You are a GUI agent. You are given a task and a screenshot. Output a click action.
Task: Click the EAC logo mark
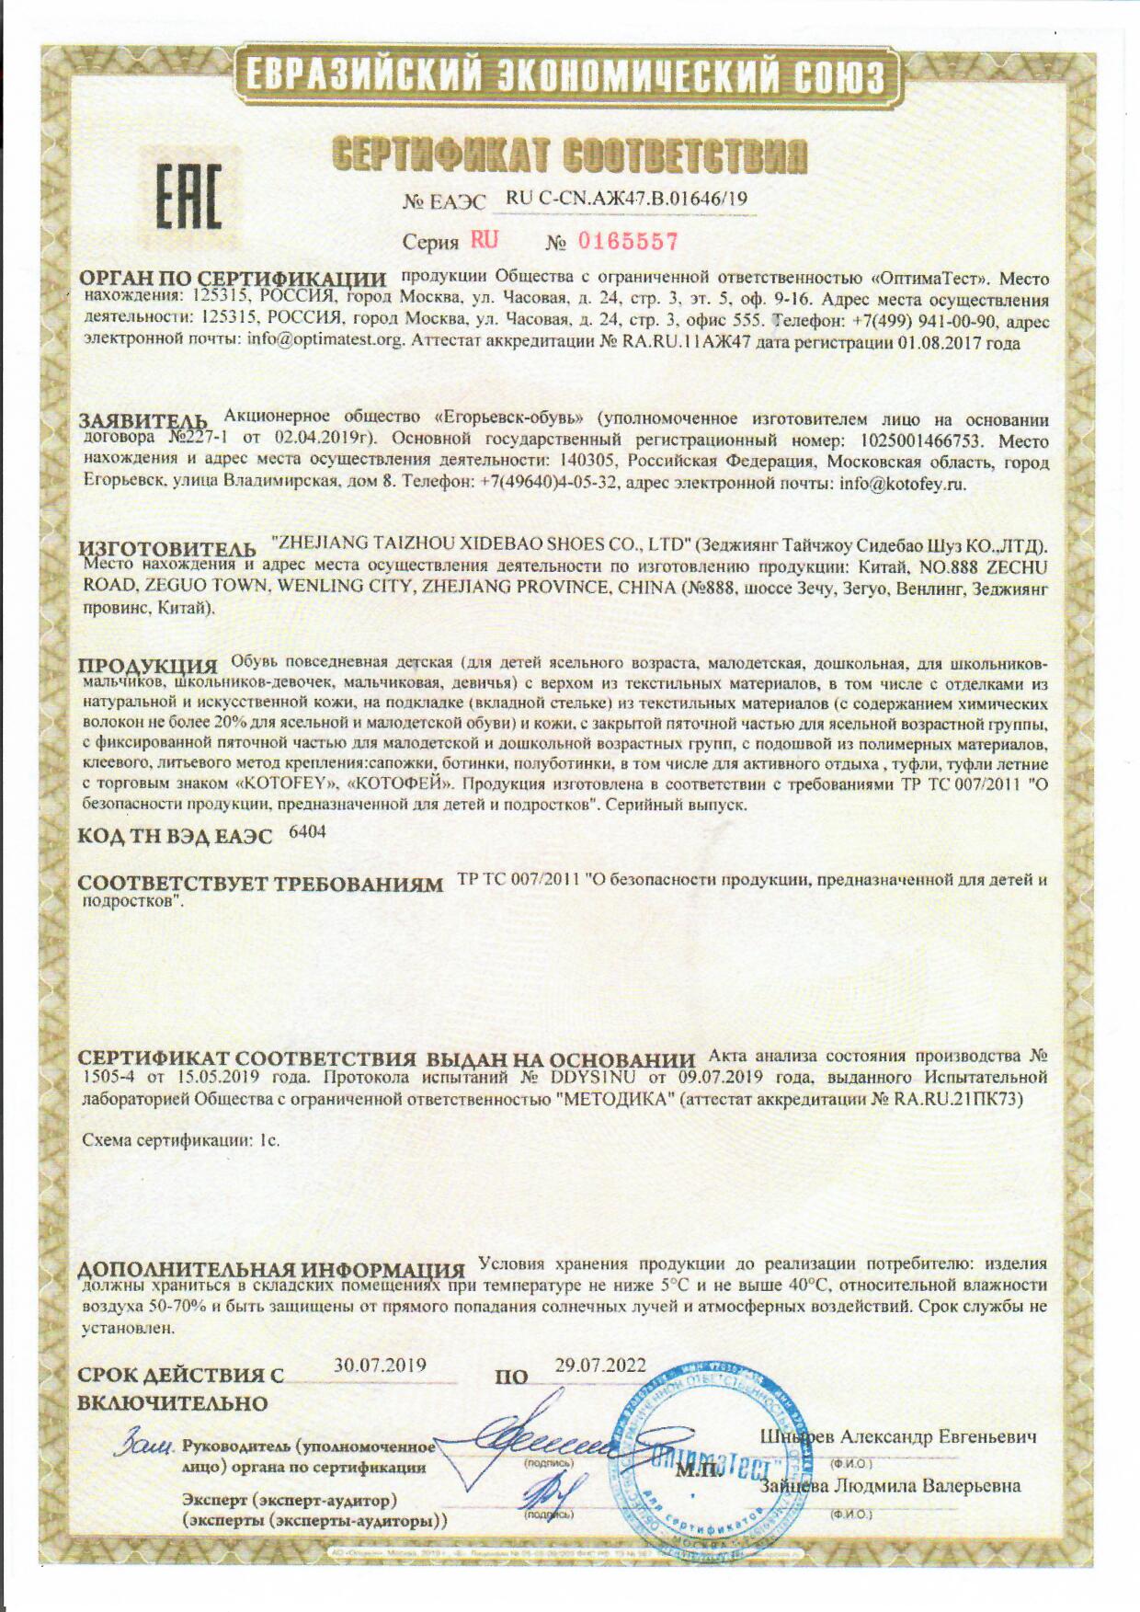188,196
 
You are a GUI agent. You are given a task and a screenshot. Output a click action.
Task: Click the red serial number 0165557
627,242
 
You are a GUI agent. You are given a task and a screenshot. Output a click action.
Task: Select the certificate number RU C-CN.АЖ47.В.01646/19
627,198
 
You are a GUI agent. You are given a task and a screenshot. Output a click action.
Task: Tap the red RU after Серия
484,241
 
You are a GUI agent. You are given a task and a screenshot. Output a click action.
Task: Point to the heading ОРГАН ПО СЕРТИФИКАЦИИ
232,280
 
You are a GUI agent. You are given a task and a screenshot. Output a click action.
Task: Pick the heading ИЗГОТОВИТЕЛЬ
167,549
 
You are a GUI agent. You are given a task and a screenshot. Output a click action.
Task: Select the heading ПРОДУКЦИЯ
147,666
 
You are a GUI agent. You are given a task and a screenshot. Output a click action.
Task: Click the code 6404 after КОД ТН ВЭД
307,832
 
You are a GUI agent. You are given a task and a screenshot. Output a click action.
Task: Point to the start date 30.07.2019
380,1365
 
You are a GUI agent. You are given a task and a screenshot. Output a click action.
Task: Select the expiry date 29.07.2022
599,1366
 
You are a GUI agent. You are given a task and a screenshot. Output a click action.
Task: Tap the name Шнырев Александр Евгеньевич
897,1437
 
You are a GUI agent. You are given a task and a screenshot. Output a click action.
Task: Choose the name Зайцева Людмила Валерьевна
890,1486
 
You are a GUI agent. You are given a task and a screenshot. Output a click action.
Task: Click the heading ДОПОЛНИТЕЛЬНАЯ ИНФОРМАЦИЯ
271,1271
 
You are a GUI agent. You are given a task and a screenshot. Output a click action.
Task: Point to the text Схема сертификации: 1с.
181,1140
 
